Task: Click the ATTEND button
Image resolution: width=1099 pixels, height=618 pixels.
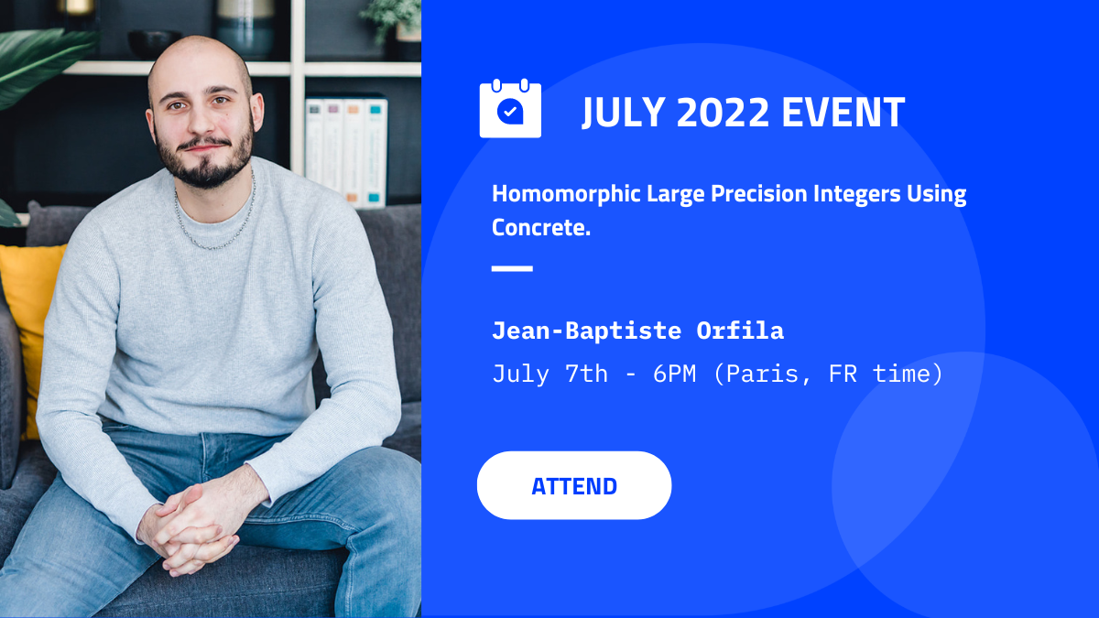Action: [574, 485]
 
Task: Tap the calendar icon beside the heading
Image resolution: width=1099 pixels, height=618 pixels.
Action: [510, 108]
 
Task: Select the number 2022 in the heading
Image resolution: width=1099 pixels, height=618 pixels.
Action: [723, 113]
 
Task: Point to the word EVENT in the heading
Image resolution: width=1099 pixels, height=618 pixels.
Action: [843, 113]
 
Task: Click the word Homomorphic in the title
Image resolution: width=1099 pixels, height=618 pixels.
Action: [566, 194]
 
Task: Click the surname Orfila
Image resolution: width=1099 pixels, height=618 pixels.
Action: [740, 331]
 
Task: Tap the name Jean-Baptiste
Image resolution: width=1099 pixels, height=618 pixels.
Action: [587, 331]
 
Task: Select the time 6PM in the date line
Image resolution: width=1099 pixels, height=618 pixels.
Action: [674, 374]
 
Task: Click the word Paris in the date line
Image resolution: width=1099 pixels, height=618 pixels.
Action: [762, 374]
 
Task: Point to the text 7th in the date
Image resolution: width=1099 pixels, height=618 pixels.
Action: [586, 374]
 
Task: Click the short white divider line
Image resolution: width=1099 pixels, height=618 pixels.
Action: [512, 268]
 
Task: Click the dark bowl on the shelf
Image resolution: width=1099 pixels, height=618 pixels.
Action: [154, 44]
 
